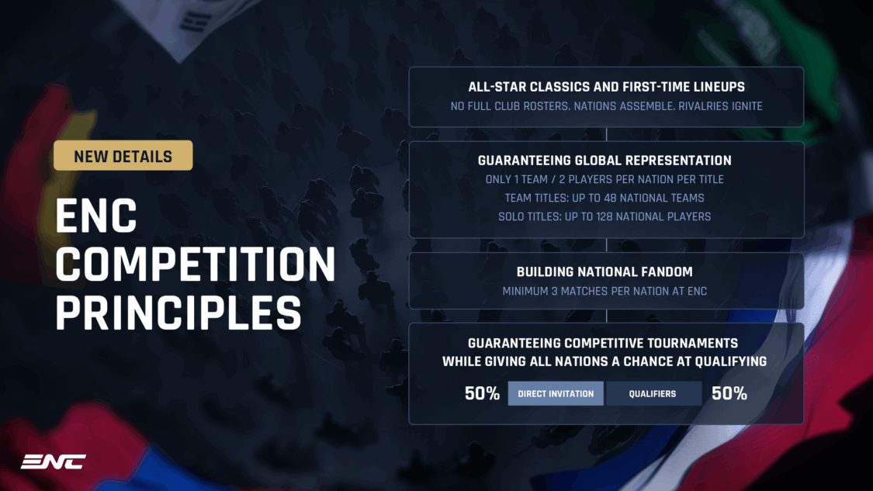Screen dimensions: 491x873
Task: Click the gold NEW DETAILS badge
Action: [123, 156]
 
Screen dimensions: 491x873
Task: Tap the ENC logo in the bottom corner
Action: [54, 462]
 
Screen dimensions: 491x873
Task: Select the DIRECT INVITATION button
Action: [556, 393]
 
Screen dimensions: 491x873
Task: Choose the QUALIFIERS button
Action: [653, 393]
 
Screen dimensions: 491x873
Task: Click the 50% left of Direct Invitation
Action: [482, 393]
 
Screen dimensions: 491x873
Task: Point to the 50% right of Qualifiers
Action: [729, 393]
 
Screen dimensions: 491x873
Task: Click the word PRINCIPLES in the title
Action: [178, 312]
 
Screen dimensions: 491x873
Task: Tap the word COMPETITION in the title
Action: [196, 265]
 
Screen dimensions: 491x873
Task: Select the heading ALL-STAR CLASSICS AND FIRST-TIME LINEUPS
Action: [606, 87]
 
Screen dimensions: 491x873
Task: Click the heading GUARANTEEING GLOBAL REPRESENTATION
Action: [605, 161]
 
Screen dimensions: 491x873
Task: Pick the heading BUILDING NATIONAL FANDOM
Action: [605, 272]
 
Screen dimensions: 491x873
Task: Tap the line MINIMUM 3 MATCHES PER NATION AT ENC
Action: [605, 292]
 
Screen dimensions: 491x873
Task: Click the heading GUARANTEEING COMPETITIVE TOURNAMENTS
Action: [603, 343]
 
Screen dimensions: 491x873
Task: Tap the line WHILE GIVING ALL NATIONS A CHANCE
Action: [605, 361]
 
